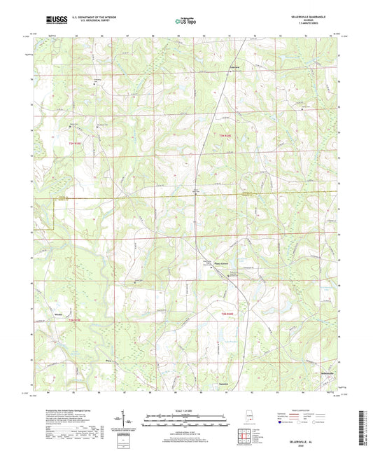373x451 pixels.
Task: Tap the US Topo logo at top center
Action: coord(185,22)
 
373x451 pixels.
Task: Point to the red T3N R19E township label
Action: coord(76,143)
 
